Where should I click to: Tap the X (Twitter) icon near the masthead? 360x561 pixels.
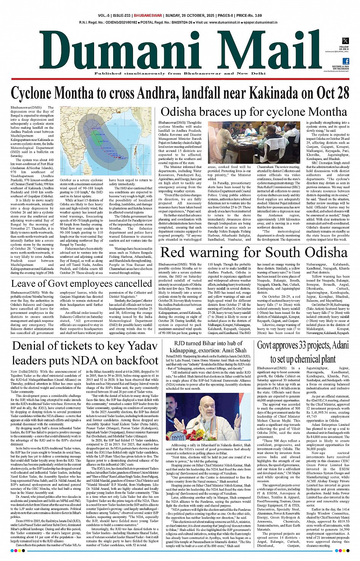[x=345, y=41]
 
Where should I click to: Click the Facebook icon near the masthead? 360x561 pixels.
[x=346, y=61]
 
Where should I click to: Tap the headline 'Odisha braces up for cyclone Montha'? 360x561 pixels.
[x=254, y=112]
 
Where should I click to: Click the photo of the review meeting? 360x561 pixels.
[x=254, y=142]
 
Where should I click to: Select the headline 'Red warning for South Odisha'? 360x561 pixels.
[x=253, y=253]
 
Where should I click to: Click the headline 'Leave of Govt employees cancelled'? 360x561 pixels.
[x=82, y=283]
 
